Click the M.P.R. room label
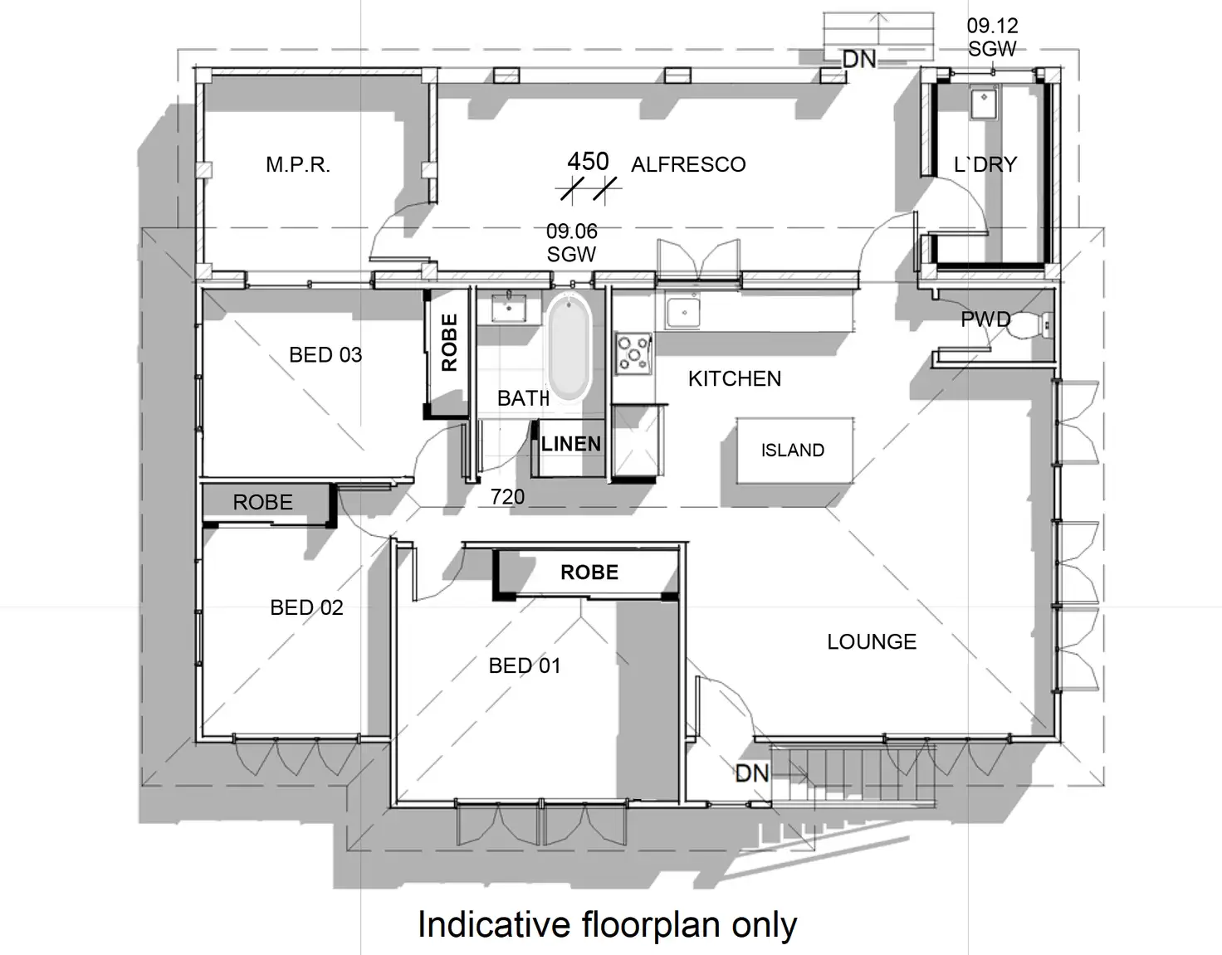point(298,165)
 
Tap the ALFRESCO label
point(688,164)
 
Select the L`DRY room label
point(985,164)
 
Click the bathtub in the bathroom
point(569,348)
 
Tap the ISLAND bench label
point(793,451)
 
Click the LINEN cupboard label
point(570,444)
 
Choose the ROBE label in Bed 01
point(589,573)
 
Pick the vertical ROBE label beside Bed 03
point(449,342)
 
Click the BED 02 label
point(306,607)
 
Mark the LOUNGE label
point(872,641)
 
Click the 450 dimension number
point(588,161)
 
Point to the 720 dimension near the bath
point(507,496)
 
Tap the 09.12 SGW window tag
point(992,37)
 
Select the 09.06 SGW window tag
point(571,242)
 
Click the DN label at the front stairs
point(752,773)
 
